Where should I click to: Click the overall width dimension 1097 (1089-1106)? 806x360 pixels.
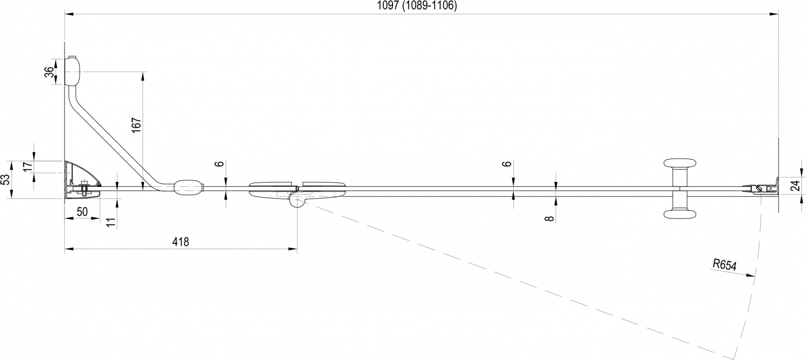(417, 6)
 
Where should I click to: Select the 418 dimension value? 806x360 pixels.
(180, 241)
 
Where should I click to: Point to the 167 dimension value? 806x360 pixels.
(136, 125)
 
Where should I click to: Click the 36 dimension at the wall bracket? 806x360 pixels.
(49, 72)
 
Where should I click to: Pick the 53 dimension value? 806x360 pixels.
(5, 179)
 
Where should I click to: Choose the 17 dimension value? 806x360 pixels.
(28, 166)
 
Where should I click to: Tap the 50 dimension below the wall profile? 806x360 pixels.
(82, 212)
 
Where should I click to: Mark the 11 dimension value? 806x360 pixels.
(112, 222)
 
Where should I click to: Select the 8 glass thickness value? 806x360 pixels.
(550, 218)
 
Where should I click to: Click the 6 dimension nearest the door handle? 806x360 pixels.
(506, 164)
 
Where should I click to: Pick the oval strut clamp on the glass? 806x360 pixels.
(189, 188)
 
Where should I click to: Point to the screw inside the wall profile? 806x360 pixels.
(84, 188)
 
